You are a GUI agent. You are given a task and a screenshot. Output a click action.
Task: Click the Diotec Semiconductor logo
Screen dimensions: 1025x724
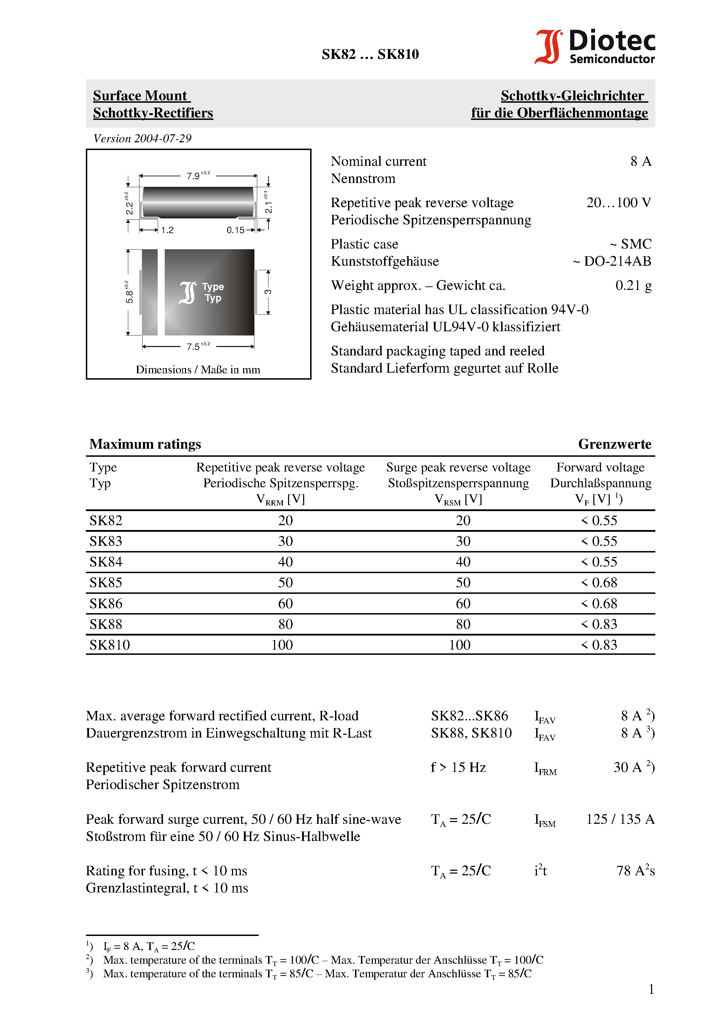(595, 46)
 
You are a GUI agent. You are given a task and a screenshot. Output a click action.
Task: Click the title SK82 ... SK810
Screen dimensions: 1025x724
(370, 54)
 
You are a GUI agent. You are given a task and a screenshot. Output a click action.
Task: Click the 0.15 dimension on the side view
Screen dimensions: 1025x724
(235, 230)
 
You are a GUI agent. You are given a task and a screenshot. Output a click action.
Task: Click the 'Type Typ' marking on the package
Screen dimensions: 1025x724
(212, 292)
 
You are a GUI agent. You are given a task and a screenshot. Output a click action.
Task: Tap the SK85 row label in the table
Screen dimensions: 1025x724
(106, 583)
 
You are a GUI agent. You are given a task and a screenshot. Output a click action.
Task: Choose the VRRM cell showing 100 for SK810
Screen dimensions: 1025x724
(282, 645)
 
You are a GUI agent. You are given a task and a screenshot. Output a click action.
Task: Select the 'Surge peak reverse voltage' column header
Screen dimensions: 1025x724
(458, 467)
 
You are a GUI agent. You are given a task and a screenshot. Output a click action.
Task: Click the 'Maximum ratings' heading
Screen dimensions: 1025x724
(145, 444)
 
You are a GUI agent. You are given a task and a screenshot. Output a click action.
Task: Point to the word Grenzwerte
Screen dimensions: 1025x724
(614, 444)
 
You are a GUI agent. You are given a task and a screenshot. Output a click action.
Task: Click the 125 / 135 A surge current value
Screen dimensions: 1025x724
(620, 819)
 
